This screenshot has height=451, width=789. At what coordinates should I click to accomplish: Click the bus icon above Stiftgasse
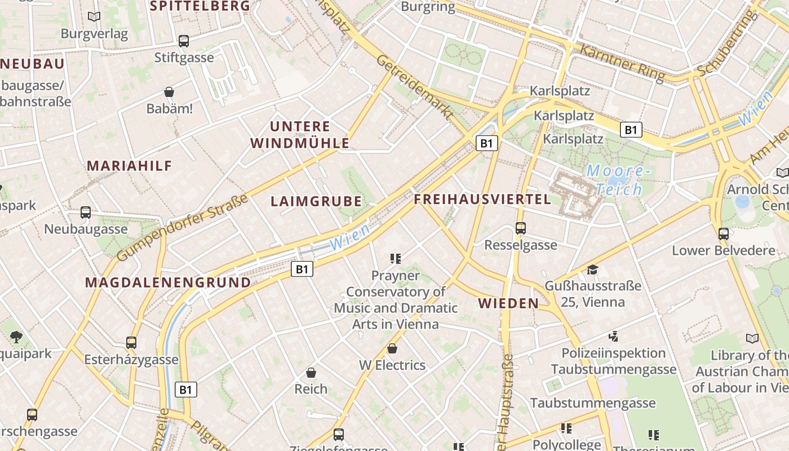pos(184,41)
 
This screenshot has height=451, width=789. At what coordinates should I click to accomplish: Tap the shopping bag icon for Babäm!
pos(169,92)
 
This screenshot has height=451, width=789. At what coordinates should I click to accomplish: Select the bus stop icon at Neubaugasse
pos(86,213)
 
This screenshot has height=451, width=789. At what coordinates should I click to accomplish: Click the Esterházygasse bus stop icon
pos(131,342)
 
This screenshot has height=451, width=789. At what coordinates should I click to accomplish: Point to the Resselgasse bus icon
pos(521,228)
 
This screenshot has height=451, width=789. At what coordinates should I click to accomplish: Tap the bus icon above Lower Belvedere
pos(724,233)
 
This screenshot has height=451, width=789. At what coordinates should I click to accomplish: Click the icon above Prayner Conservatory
pos(395,259)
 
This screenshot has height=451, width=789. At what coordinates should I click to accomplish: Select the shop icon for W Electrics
pos(392,348)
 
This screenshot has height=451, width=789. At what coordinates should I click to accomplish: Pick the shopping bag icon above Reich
pos(311,373)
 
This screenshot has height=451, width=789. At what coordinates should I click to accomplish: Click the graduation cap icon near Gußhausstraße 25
pos(592,269)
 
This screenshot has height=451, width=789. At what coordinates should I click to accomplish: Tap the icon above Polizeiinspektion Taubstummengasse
pos(614,337)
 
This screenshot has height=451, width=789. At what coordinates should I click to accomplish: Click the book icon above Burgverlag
pos(94,17)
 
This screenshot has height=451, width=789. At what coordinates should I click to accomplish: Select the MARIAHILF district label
pos(130,166)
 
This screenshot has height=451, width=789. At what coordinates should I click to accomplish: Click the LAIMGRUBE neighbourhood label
pos(316,201)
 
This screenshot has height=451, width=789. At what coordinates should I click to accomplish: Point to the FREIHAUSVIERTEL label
pos(482,199)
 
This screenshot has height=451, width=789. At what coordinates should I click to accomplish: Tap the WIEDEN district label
pos(508,303)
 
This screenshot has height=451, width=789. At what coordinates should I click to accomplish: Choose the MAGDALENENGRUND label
pos(168,282)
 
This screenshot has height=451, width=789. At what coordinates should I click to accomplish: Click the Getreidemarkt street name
pos(415,87)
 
